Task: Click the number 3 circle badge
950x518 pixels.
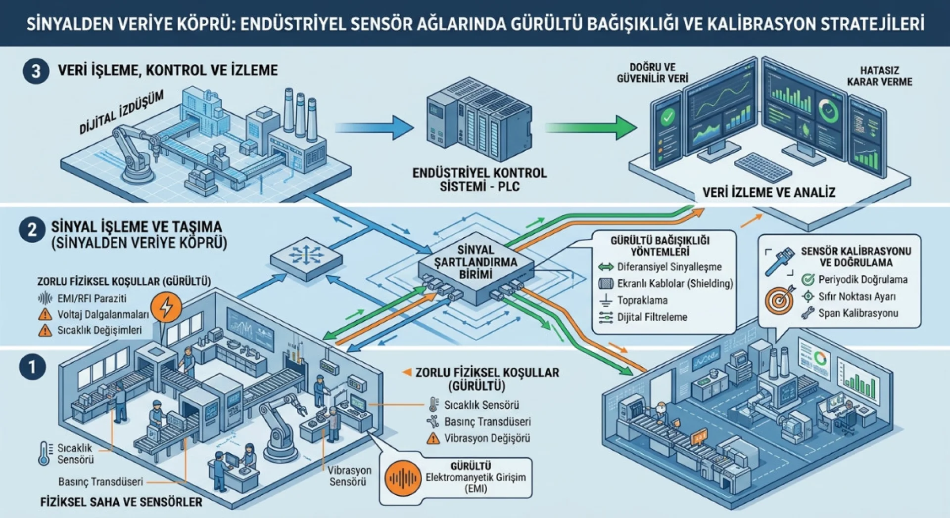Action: click(x=36, y=71)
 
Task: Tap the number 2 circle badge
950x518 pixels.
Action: click(x=32, y=229)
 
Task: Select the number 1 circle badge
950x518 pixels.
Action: click(x=32, y=367)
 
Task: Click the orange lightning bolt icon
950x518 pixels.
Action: click(x=166, y=306)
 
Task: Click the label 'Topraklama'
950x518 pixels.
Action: click(x=642, y=301)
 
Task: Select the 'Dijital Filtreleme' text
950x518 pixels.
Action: click(x=652, y=317)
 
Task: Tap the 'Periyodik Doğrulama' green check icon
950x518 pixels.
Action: click(x=808, y=280)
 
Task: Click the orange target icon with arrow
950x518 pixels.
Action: click(x=780, y=299)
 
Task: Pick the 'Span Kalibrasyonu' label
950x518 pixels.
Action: click(x=858, y=313)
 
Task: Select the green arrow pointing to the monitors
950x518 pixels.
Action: click(x=591, y=128)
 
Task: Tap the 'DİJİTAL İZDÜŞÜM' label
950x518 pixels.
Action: click(x=122, y=112)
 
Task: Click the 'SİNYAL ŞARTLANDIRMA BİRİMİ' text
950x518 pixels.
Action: click(x=475, y=262)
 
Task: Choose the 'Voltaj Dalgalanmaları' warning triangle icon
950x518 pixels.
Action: click(x=45, y=314)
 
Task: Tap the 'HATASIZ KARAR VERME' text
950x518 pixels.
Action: click(x=879, y=76)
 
